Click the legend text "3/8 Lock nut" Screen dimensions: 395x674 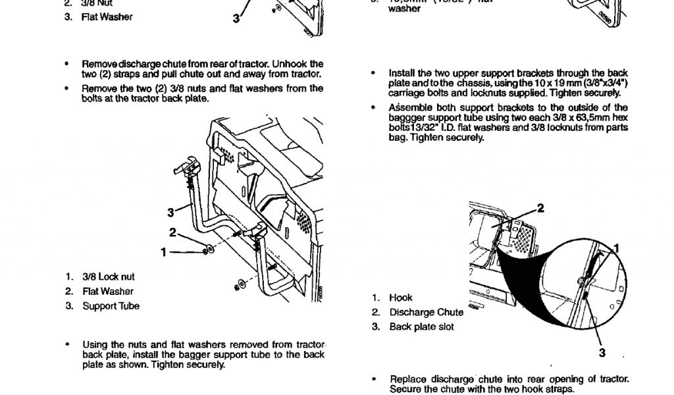[108, 277]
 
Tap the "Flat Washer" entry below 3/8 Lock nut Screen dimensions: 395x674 [107, 292]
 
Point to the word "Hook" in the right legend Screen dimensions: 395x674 [401, 298]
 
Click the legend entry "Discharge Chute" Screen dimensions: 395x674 [426, 313]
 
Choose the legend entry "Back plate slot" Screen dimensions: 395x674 [421, 327]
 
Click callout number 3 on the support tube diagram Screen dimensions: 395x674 [170, 212]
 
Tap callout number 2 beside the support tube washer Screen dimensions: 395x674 [172, 232]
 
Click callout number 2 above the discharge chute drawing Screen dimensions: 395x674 [541, 209]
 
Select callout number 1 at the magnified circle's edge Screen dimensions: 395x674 [617, 248]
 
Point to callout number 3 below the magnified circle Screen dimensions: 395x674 [602, 353]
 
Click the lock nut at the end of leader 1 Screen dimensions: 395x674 [209, 251]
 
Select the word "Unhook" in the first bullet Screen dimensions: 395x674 [291, 64]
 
